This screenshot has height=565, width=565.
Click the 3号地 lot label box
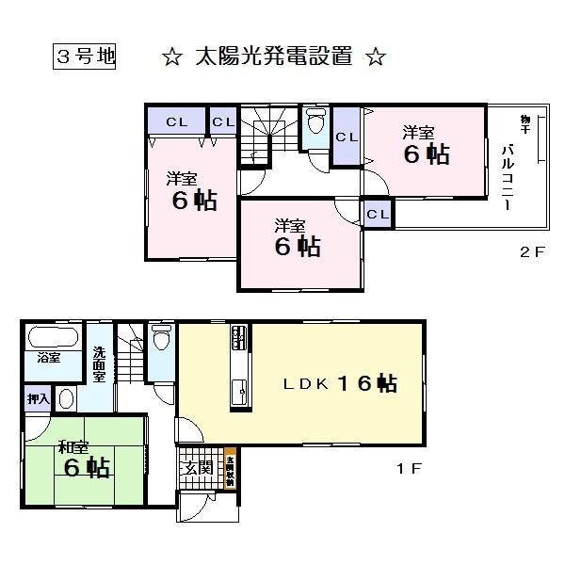pyautogui.click(x=83, y=56)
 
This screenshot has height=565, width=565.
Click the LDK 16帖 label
pyautogui.click(x=340, y=383)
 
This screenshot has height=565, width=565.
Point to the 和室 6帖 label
pyautogui.click(x=83, y=458)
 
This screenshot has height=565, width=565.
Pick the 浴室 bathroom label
pyautogui.click(x=46, y=359)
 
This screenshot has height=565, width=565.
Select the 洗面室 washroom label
pyautogui.click(x=99, y=365)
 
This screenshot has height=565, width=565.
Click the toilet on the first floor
pyautogui.click(x=161, y=339)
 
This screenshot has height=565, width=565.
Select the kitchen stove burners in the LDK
pyautogui.click(x=238, y=335)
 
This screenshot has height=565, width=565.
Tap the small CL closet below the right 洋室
pyautogui.click(x=378, y=215)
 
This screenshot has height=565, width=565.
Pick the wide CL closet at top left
pyautogui.click(x=176, y=121)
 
